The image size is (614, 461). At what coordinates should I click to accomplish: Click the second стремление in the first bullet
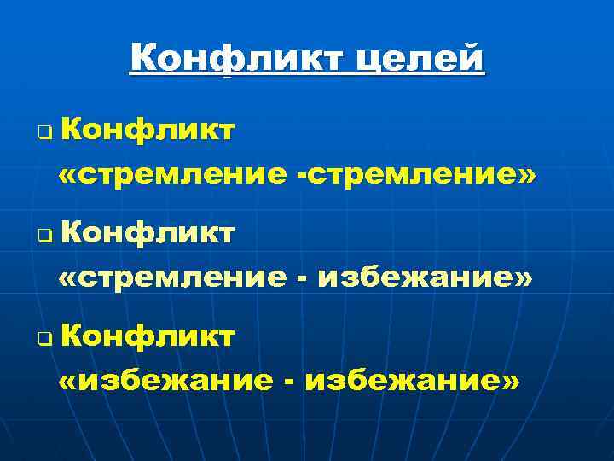[413, 175]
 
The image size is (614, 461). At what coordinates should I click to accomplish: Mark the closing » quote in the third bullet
[509, 382]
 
